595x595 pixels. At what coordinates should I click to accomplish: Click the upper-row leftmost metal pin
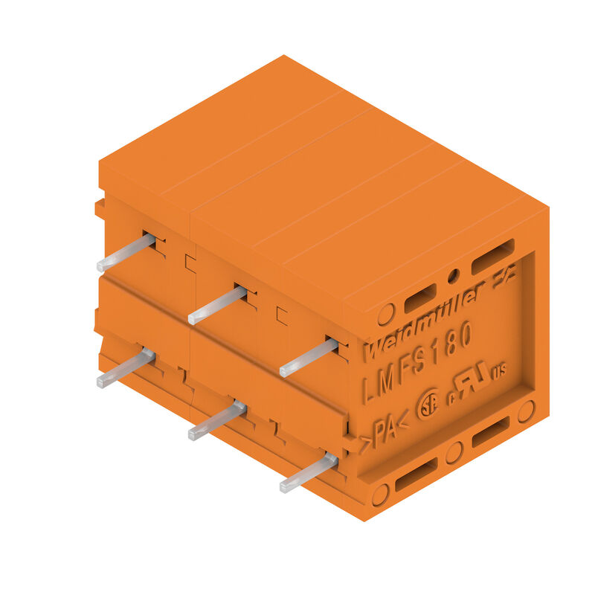[125, 253]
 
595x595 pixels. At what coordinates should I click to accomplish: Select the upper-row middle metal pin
[216, 306]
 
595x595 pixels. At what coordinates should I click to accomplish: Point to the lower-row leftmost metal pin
[125, 369]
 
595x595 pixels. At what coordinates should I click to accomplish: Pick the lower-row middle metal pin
[216, 421]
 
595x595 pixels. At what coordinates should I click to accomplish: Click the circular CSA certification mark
[428, 406]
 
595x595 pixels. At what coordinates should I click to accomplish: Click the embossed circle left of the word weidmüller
[385, 315]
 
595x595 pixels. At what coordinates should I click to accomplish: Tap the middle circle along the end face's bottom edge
[454, 452]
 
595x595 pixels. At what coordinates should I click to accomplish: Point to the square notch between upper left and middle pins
[190, 262]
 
